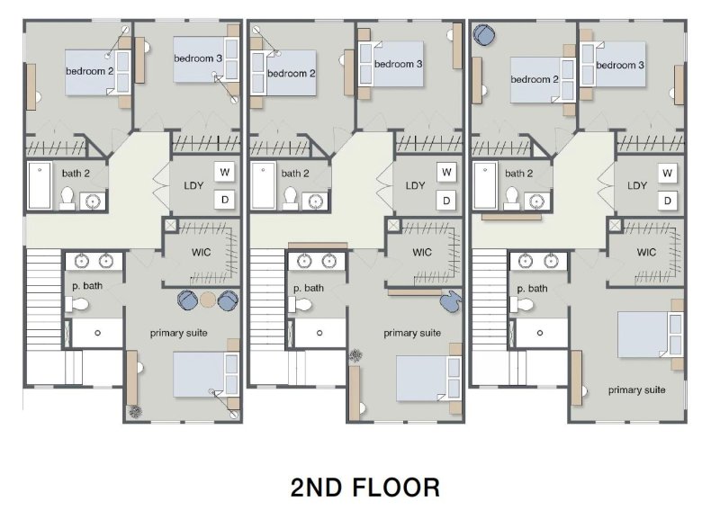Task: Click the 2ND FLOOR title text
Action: point(365,488)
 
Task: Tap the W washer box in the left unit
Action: point(224,172)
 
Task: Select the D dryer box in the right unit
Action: point(668,200)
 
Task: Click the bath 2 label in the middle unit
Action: point(295,174)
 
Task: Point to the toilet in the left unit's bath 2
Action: point(67,197)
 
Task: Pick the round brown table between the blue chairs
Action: point(208,300)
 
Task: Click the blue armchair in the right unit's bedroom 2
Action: point(483,35)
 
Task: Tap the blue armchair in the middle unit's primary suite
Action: point(451,299)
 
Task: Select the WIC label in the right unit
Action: point(646,252)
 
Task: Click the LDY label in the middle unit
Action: point(415,186)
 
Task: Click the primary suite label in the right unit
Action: point(636,389)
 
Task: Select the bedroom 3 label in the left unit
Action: point(198,58)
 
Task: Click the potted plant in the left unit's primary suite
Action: point(135,412)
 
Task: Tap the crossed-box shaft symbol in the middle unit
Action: point(393,226)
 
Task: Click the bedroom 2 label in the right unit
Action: point(535,79)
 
